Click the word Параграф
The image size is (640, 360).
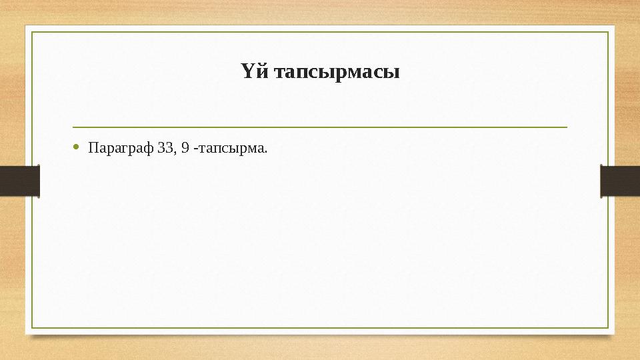[121, 147]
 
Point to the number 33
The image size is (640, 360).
[166, 147]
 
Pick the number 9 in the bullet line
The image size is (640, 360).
[185, 147]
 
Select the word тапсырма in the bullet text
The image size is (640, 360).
[231, 147]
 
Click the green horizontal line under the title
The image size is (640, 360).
[320, 127]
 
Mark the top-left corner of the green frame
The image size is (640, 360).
[33, 32]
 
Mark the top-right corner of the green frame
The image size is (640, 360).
[608, 32]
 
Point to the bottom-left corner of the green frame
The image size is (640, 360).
[33, 328]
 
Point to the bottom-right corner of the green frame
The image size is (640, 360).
[608, 328]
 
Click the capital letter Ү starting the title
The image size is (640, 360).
[247, 71]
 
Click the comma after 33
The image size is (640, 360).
[175, 150]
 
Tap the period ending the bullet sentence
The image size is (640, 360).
[266, 151]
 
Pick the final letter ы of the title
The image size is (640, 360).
[393, 73]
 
